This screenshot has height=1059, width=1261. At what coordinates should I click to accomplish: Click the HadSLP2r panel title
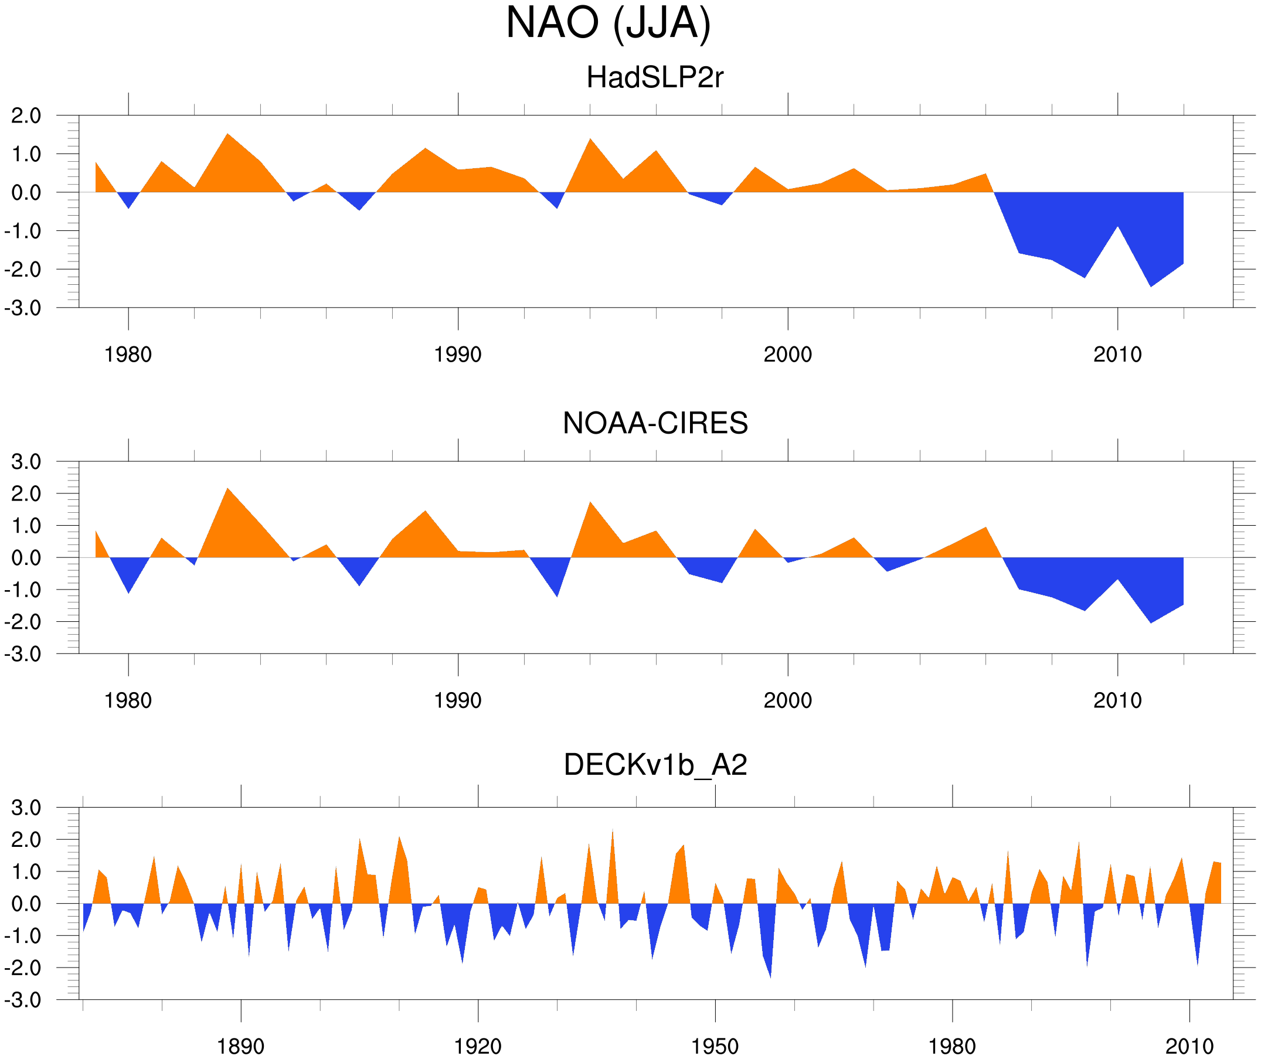(x=654, y=78)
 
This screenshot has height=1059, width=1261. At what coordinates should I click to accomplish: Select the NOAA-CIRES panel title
(x=655, y=424)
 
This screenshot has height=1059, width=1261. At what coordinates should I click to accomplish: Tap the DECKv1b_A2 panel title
(x=655, y=765)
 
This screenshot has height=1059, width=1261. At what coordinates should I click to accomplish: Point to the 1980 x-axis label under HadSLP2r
(x=128, y=355)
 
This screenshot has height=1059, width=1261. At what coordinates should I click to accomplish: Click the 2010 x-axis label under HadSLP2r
(x=1117, y=355)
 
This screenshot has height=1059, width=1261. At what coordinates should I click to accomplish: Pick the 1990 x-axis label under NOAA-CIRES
(x=458, y=700)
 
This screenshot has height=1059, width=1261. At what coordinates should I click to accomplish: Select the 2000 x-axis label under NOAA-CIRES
(x=787, y=700)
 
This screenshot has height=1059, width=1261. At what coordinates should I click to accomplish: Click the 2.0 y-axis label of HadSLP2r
(x=26, y=116)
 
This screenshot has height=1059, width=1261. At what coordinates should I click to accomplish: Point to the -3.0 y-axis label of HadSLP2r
(x=23, y=308)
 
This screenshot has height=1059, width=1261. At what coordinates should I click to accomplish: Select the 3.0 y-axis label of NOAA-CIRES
(x=26, y=462)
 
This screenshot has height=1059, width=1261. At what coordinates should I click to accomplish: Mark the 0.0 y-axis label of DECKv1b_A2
(x=26, y=904)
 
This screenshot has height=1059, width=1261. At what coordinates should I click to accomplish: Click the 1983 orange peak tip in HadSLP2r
(x=227, y=134)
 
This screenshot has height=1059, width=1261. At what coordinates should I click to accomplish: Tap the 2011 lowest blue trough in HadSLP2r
(x=1151, y=287)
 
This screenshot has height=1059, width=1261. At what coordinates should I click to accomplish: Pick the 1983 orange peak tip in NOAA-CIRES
(x=227, y=489)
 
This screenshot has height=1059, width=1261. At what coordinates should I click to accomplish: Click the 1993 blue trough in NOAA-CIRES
(x=558, y=596)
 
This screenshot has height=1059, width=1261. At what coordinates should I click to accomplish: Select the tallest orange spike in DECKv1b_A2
(x=612, y=830)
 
